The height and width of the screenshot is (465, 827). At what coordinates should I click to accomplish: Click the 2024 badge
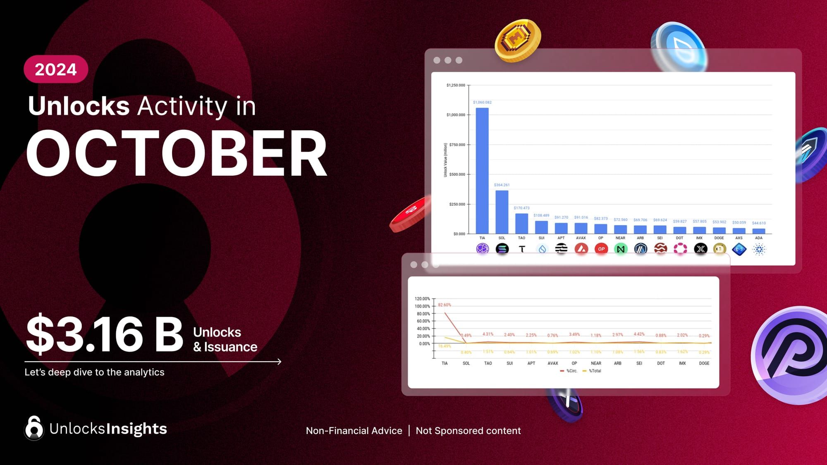pos(56,69)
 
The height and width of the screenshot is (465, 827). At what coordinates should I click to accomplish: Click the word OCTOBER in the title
pos(177,154)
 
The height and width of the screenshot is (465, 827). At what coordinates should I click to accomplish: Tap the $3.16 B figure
pos(105,334)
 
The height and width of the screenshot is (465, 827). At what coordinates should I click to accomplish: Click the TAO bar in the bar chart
pos(521,224)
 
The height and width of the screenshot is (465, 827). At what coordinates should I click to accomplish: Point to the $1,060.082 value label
pos(482,102)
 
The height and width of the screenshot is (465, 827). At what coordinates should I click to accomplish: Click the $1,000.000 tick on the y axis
pos(456,115)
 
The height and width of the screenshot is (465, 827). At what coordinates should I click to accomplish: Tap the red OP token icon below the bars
pos(601,249)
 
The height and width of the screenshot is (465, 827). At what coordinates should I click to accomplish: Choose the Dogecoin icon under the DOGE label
pos(719,249)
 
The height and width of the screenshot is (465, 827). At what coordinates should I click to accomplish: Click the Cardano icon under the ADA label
pos(759,249)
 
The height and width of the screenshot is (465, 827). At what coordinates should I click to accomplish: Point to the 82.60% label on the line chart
pos(445,305)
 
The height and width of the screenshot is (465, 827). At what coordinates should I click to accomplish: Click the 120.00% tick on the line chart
pos(422,299)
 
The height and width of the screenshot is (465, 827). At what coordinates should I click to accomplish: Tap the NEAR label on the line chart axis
pos(596,363)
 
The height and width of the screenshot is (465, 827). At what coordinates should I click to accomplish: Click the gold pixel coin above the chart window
pos(518,41)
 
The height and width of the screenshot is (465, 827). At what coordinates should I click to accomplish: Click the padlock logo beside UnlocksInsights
pos(34,428)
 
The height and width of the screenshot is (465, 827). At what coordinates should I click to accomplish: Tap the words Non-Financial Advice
pos(354,431)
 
